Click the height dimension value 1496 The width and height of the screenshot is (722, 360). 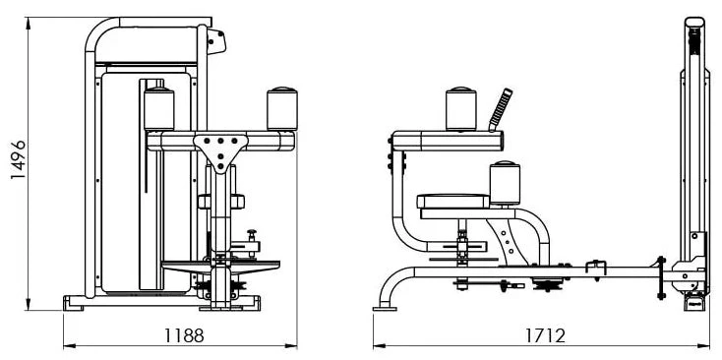point(19,159)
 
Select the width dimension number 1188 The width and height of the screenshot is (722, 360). point(184,335)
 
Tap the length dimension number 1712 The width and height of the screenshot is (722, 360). point(546,335)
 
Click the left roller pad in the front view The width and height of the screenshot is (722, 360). point(158,108)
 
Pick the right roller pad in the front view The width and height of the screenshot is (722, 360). point(282,108)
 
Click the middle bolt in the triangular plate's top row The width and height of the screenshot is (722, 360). point(220,141)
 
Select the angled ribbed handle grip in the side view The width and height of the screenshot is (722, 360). point(500,109)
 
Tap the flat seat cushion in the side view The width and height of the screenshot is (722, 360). point(453,202)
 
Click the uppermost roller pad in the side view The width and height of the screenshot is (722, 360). point(461,108)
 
